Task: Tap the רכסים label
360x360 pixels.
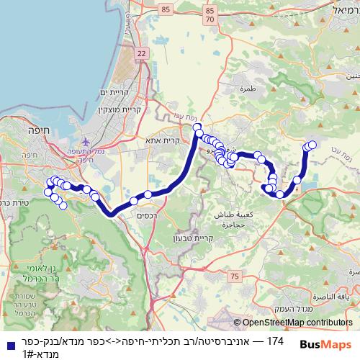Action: [146, 215]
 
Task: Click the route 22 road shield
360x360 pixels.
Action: [140, 54]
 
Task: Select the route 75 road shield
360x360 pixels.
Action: [234, 275]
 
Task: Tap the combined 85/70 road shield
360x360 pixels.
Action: [210, 16]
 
